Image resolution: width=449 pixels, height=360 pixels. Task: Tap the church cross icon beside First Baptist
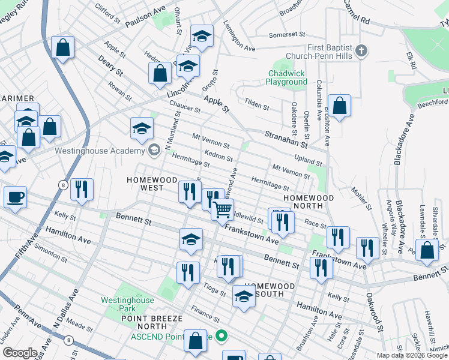click(361, 52)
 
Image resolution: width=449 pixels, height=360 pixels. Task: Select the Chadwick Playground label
click(287, 77)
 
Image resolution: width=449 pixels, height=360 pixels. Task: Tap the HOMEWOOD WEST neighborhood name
click(143, 184)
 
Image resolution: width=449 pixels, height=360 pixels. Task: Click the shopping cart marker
click(222, 209)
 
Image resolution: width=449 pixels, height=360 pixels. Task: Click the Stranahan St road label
click(287, 140)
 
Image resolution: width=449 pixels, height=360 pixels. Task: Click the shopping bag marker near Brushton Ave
click(339, 106)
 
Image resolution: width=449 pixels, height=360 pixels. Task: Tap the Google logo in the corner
click(20, 353)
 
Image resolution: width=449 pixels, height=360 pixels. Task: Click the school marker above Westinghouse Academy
click(142, 128)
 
